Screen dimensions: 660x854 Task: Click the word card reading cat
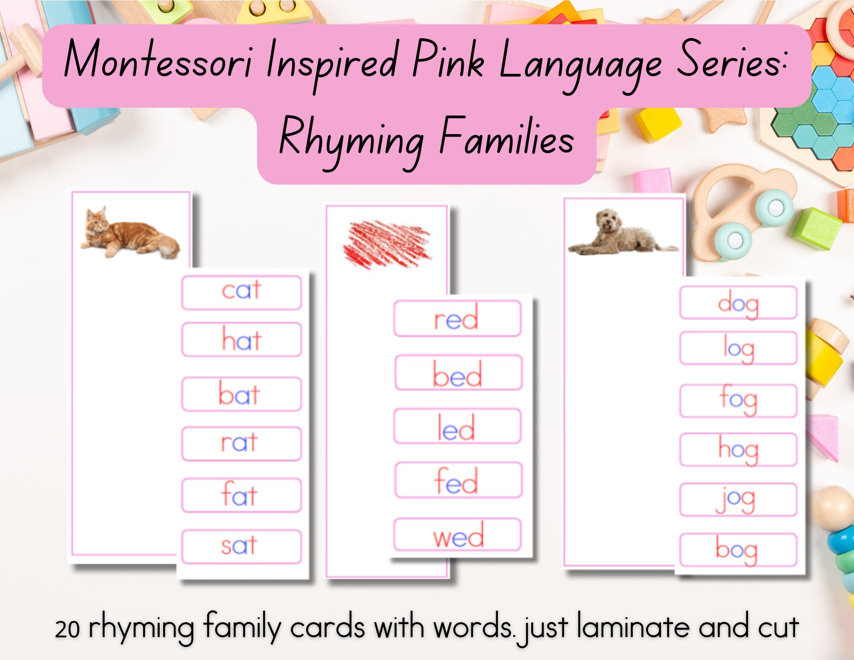[241, 292]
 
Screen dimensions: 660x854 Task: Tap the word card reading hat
[241, 340]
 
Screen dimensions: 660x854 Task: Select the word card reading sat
[241, 546]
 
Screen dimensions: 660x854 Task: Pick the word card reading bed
[458, 373]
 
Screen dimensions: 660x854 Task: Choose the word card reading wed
[458, 535]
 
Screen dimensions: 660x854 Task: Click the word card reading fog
[738, 400]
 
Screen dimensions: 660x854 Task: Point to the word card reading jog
[738, 499]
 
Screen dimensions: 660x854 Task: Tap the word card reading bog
[738, 549]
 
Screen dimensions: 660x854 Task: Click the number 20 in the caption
[67, 629]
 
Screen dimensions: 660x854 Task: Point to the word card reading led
[457, 426]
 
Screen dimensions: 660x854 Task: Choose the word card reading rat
[241, 443]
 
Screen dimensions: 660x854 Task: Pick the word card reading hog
[738, 449]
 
